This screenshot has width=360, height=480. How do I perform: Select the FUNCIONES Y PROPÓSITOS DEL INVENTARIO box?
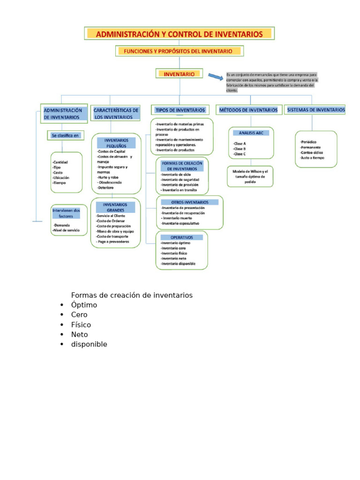(x=180, y=51)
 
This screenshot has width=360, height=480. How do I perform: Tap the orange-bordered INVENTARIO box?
(x=179, y=74)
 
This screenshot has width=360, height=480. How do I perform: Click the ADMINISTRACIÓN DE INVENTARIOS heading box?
(x=64, y=113)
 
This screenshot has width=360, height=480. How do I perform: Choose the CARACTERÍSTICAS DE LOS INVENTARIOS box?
(x=116, y=113)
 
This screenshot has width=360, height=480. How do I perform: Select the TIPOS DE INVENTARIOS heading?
(x=180, y=110)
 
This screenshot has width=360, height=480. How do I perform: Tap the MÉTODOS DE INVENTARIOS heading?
(x=248, y=110)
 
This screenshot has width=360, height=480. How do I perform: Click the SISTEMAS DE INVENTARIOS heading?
(x=315, y=110)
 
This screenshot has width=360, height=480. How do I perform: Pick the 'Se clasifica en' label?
(x=66, y=135)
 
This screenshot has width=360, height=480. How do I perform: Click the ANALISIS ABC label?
(x=251, y=133)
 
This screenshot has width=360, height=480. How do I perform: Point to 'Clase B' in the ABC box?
(x=240, y=149)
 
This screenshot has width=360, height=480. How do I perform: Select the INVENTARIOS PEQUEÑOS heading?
(x=116, y=143)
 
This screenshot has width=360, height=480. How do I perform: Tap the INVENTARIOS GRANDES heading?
(x=116, y=207)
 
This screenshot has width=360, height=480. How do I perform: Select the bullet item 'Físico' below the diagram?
(x=81, y=324)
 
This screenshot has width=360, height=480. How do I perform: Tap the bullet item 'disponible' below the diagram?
(x=89, y=344)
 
